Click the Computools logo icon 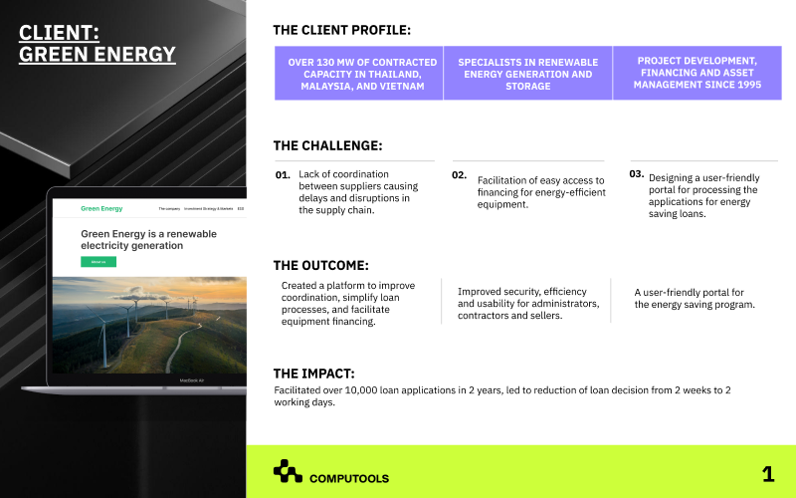pyautogui.click(x=288, y=471)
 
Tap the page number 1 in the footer pyautogui.click(x=767, y=474)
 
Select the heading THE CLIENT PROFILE pyautogui.click(x=341, y=30)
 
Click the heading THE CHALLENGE pyautogui.click(x=327, y=145)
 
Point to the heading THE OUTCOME pyautogui.click(x=320, y=265)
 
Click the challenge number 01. pyautogui.click(x=283, y=175)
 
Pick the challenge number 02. pyautogui.click(x=459, y=175)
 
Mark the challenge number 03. pyautogui.click(x=637, y=173)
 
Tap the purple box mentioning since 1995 pyautogui.click(x=696, y=74)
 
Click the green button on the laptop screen pyautogui.click(x=99, y=262)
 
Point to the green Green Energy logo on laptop pyautogui.click(x=101, y=209)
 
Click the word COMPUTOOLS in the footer pyautogui.click(x=349, y=478)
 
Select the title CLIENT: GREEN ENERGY pyautogui.click(x=98, y=44)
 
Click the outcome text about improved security pyautogui.click(x=528, y=304)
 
